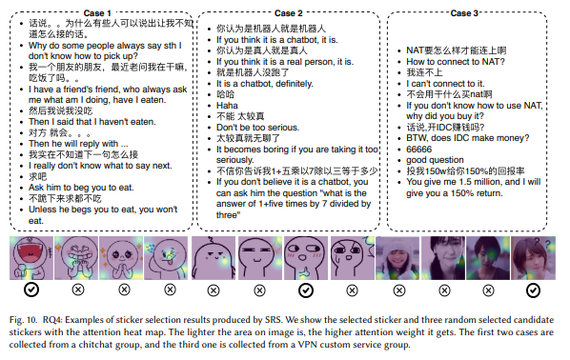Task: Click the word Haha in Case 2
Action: click(x=226, y=106)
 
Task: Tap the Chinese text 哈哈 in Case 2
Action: click(x=225, y=94)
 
